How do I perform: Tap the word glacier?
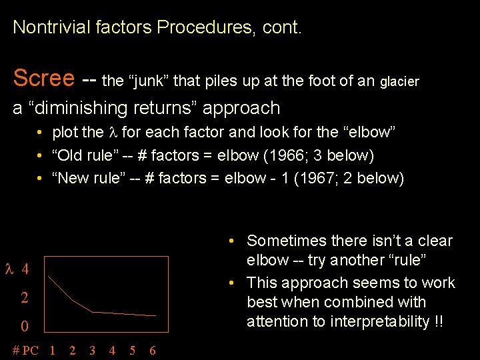[x=399, y=81]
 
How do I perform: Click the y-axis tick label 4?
[x=25, y=269]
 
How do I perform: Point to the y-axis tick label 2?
[x=25, y=297]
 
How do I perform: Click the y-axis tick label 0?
[x=25, y=327]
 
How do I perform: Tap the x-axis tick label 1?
[x=52, y=350]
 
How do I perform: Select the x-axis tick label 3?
[x=92, y=350]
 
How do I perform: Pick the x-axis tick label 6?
[x=153, y=350]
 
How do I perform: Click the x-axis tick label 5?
[x=133, y=350]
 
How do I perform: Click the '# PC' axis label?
[x=25, y=350]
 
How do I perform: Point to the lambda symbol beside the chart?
[x=9, y=269]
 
